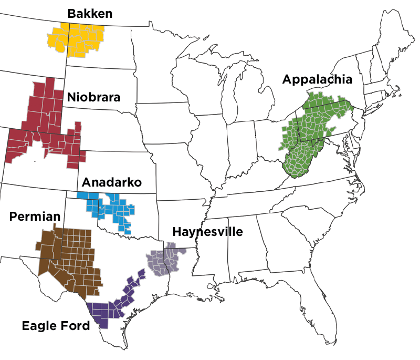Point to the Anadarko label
click(112, 182)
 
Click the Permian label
click(35, 217)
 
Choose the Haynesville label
click(207, 231)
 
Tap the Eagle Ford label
click(56, 325)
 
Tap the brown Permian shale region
click(71, 258)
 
